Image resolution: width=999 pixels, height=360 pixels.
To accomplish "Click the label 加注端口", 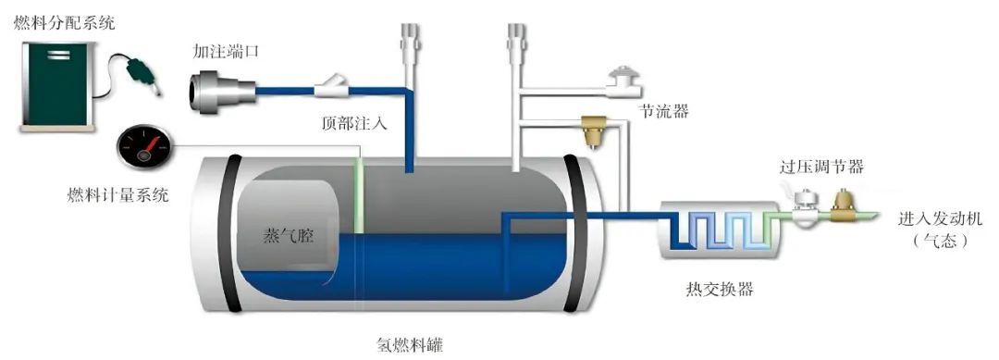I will (x=225, y=51).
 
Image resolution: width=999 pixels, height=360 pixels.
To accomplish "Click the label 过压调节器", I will (x=821, y=167).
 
